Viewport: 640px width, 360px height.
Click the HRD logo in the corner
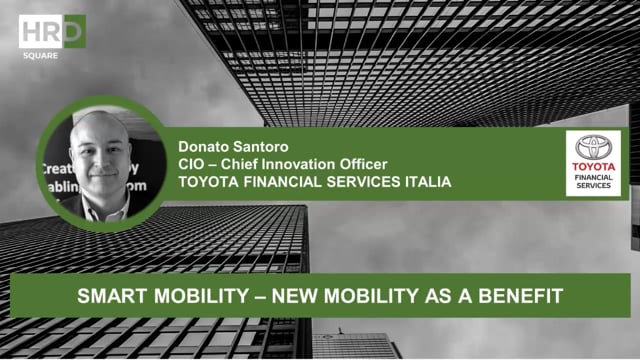pos(52,31)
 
